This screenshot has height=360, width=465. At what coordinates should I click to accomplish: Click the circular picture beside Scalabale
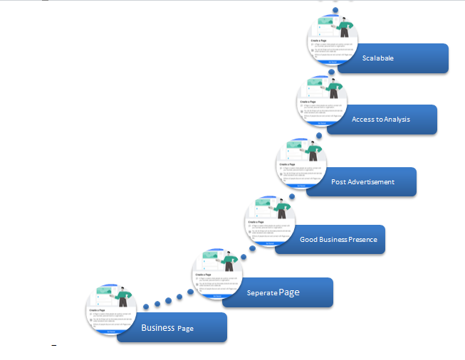coord(333,40)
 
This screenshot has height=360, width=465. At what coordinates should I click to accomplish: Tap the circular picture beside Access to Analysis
coord(321,100)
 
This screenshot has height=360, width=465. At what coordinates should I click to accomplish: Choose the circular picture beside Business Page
coord(112,309)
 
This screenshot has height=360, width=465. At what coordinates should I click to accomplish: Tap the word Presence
coord(362,240)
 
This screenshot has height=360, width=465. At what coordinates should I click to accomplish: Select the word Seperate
coord(261,293)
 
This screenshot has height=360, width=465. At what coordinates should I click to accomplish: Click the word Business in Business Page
coord(157,328)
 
